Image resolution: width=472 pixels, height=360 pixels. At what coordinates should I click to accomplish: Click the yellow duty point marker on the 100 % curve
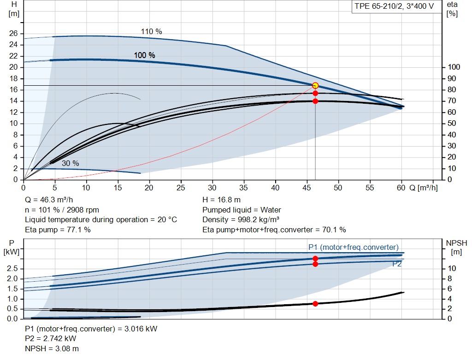coord(315,85)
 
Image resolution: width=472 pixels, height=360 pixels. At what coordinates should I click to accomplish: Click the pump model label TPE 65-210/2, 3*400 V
coord(394,8)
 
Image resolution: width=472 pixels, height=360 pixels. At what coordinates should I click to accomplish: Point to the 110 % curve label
coord(151,32)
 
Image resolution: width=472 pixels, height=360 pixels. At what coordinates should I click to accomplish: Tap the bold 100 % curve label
coord(144,55)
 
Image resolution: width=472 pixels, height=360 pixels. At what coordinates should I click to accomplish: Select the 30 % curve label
coord(70,163)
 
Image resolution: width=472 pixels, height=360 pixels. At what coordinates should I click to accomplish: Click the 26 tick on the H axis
coord(13,34)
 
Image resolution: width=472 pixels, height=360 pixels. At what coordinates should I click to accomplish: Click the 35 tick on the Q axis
coord(244,188)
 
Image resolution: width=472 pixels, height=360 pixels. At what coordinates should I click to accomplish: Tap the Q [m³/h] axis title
coord(423,188)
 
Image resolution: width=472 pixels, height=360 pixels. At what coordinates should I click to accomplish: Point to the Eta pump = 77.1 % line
coord(58,230)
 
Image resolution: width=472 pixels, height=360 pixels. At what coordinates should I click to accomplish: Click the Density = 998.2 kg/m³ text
coord(242,219)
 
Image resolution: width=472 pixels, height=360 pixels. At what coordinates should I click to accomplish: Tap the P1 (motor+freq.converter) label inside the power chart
coord(353,247)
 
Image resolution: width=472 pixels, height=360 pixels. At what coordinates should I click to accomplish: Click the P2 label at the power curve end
coord(397,264)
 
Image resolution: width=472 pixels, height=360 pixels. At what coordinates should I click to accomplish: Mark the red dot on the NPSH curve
coord(315,303)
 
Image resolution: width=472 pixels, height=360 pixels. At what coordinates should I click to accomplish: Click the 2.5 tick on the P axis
coord(12,268)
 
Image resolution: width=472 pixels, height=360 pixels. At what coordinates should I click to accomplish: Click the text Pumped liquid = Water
coord(242,210)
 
